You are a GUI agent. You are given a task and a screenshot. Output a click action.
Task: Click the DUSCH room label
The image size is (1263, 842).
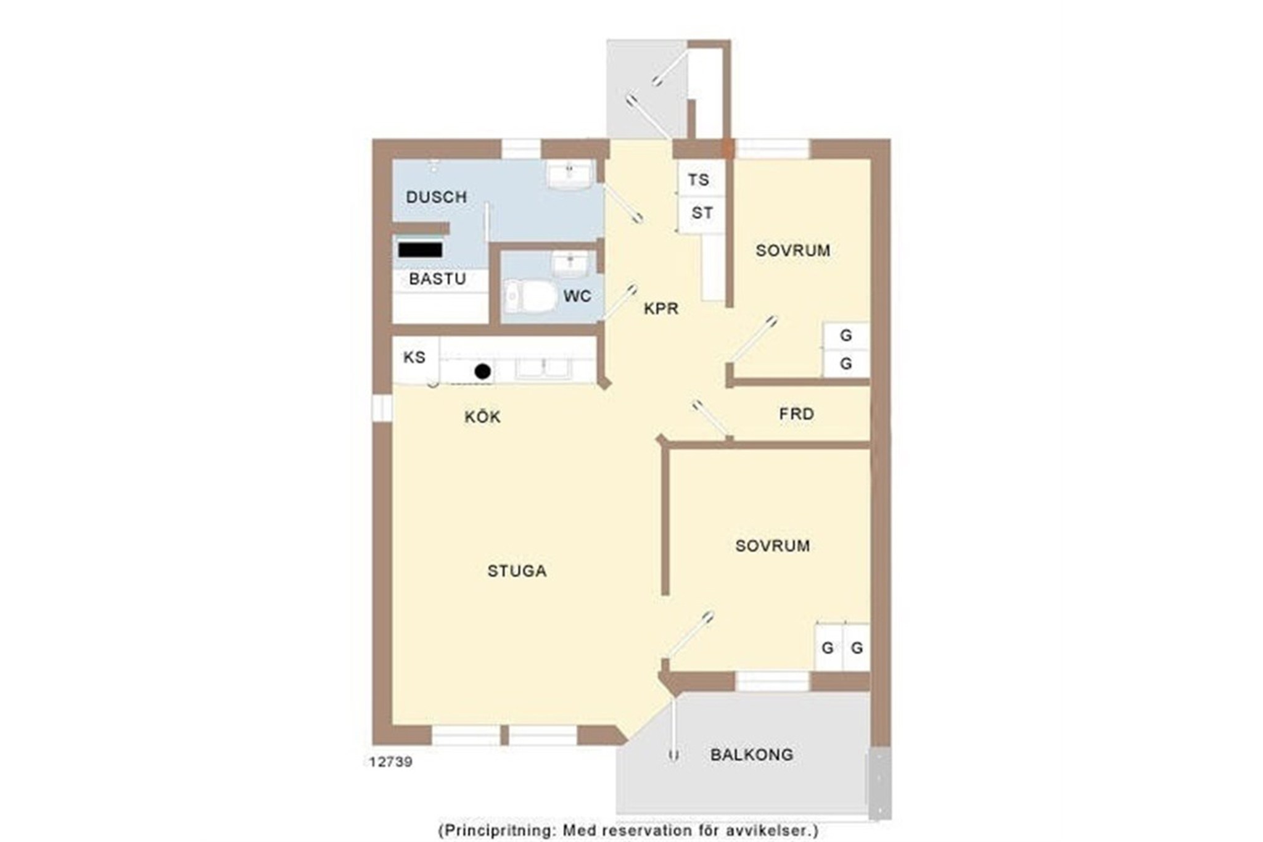pyautogui.click(x=436, y=197)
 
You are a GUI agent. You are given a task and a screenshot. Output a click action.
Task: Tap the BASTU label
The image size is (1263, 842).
pyautogui.click(x=437, y=279)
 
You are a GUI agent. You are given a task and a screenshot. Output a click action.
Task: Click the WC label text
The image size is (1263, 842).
pyautogui.click(x=577, y=296)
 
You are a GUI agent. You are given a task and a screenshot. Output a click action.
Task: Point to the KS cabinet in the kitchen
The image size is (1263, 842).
pyautogui.click(x=416, y=358)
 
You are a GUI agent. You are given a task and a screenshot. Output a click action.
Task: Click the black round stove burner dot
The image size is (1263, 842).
pyautogui.click(x=483, y=371)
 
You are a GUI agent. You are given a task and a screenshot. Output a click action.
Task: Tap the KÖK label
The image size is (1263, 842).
pyautogui.click(x=482, y=417)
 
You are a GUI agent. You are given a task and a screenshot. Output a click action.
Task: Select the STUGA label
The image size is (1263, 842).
pyautogui.click(x=517, y=571)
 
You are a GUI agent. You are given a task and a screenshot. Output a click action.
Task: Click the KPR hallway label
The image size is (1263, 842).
pyautogui.click(x=661, y=308)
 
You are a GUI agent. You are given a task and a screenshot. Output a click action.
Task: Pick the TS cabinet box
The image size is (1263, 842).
pyautogui.click(x=701, y=180)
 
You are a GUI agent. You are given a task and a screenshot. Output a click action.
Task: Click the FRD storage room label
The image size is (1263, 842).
pyautogui.click(x=796, y=414)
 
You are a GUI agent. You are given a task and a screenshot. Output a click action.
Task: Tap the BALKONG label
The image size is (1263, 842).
pyautogui.click(x=752, y=754)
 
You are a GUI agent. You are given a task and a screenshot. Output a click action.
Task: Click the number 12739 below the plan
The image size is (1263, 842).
pyautogui.click(x=391, y=762)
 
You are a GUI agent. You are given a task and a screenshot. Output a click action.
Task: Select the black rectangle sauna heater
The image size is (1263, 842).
pyautogui.click(x=420, y=250)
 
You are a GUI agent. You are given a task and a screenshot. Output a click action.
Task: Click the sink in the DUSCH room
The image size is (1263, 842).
pyautogui.click(x=569, y=175)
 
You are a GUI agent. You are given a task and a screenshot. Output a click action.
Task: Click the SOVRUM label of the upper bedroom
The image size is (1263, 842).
pyautogui.click(x=793, y=250)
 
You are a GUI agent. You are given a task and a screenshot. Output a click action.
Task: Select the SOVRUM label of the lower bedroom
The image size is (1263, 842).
pyautogui.click(x=773, y=546)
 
